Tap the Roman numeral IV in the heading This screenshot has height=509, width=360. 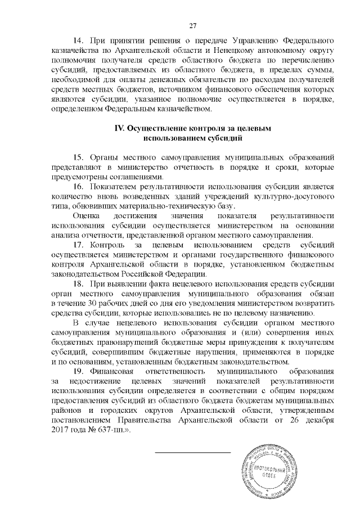(x=119, y=128)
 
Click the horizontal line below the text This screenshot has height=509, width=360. (x=192, y=452)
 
